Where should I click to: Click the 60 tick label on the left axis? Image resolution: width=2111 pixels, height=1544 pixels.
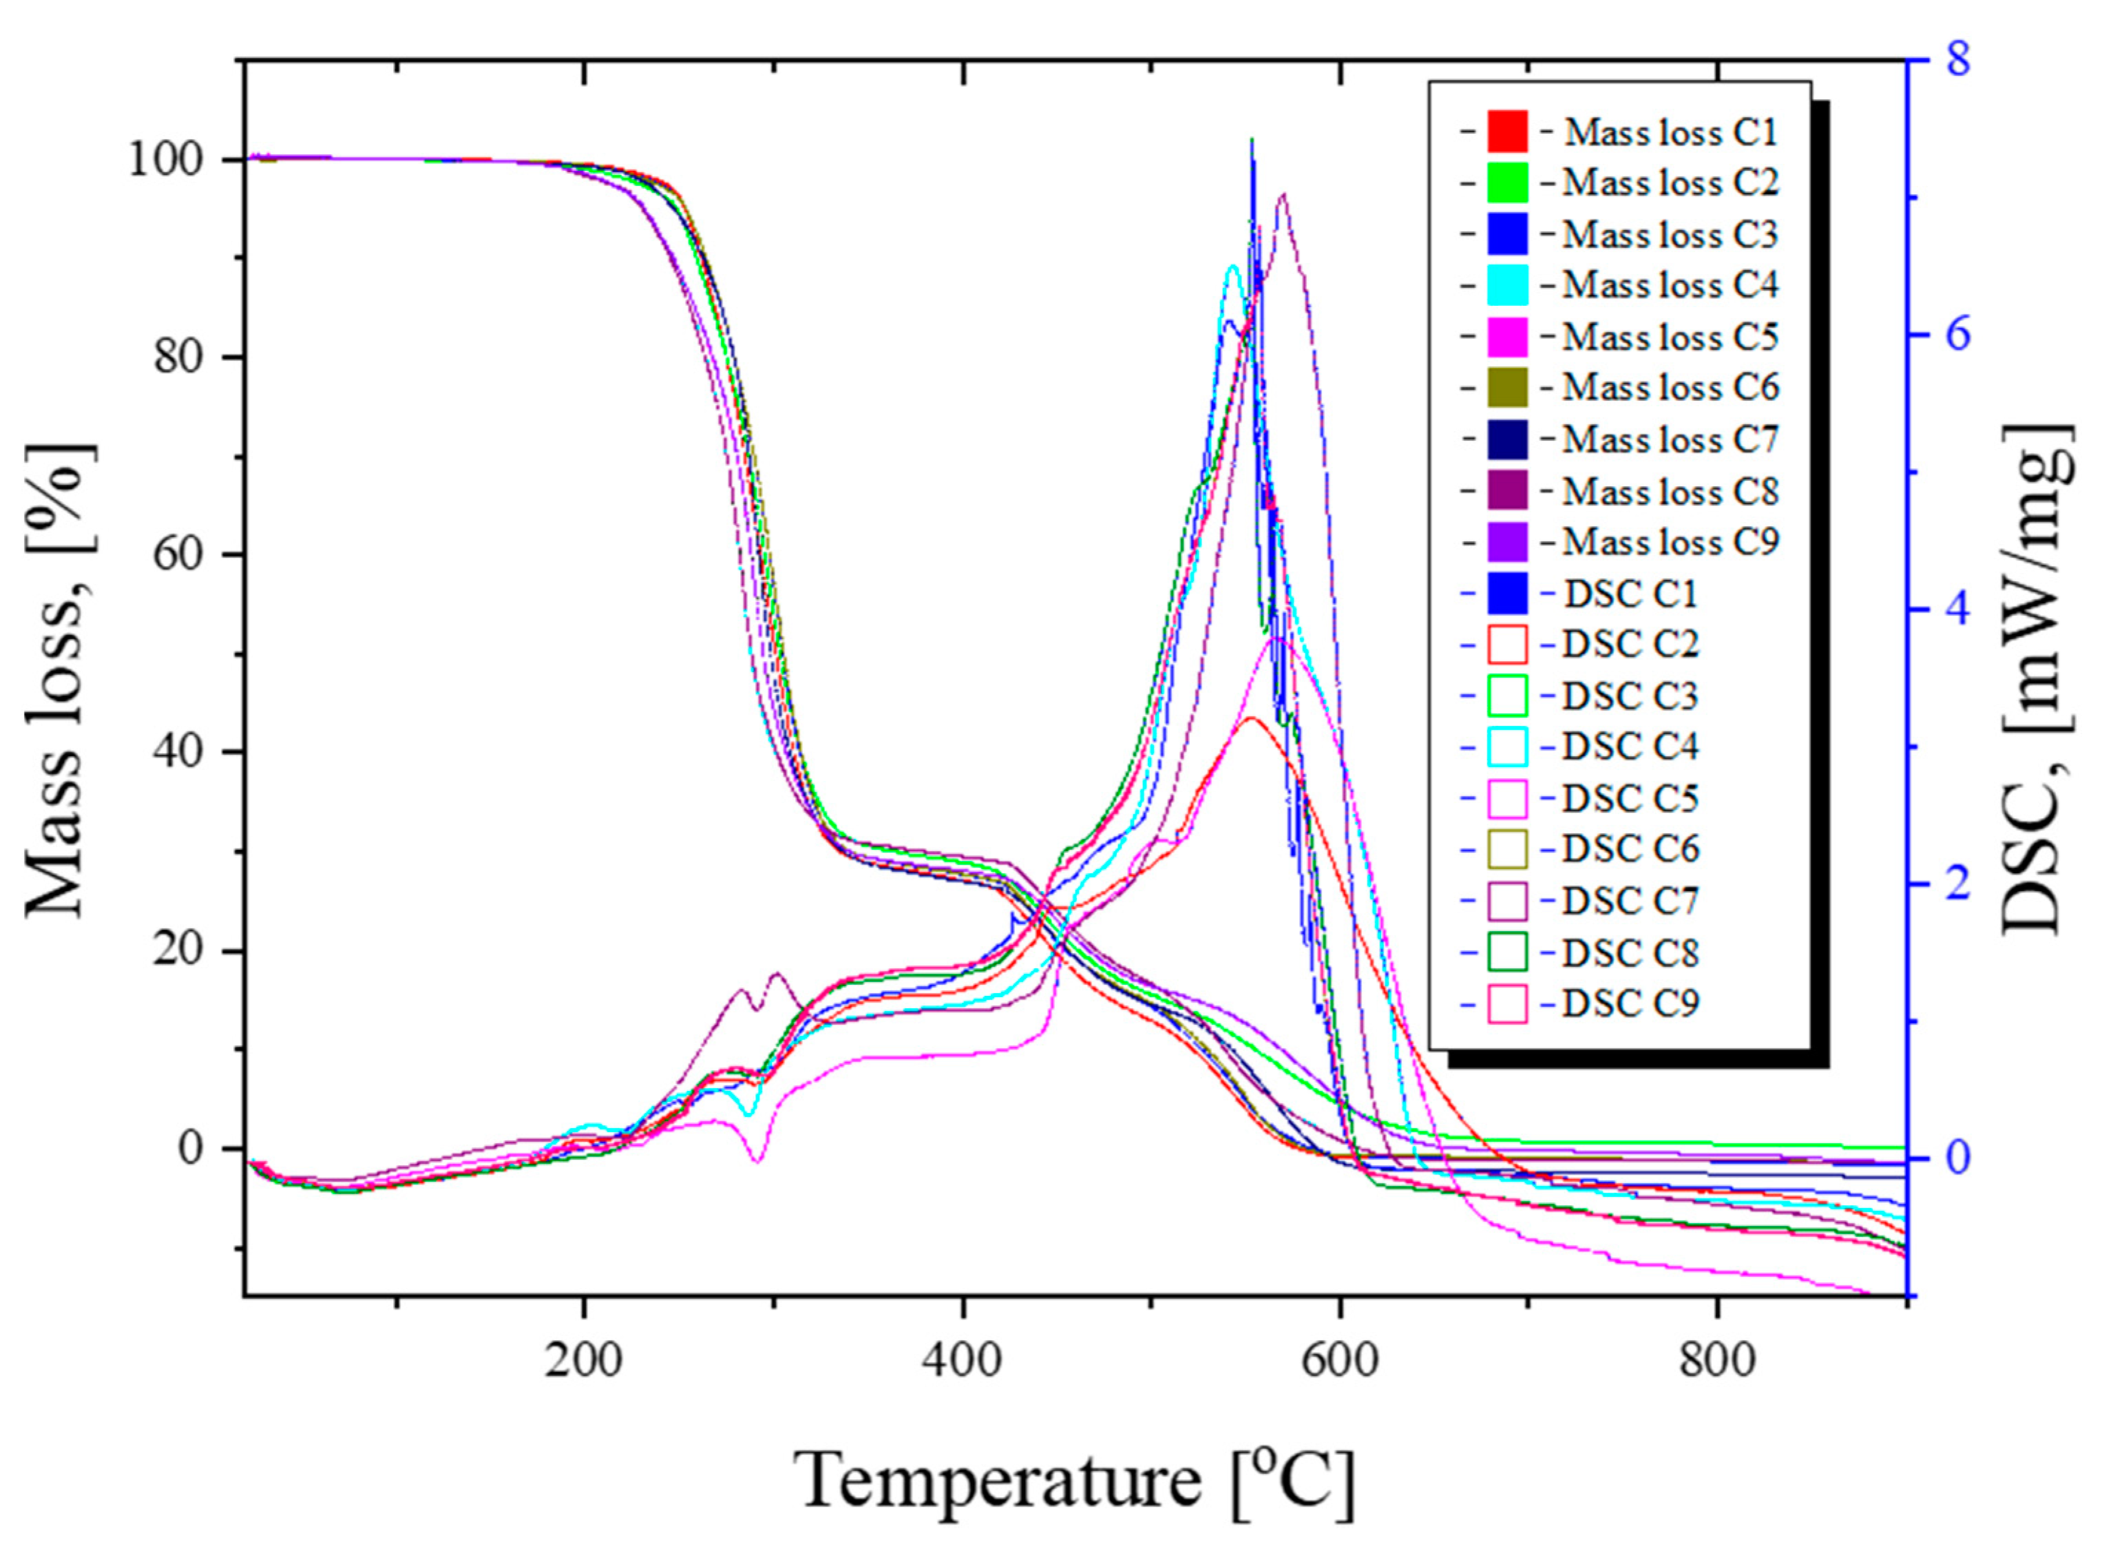pos(178,554)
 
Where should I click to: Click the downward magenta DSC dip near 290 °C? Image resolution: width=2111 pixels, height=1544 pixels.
pos(757,1159)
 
